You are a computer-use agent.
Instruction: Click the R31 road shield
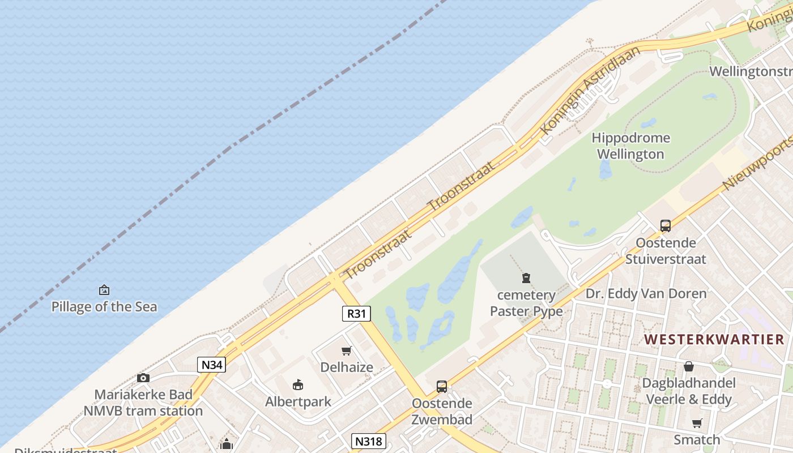[356, 313]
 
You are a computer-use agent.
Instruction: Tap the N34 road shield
[212, 365]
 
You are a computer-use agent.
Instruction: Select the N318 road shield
[368, 441]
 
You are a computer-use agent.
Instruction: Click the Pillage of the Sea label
[104, 307]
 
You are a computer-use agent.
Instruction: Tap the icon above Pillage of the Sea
[104, 290]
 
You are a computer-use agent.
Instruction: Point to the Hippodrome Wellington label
[630, 146]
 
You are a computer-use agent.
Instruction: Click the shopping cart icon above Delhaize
[347, 351]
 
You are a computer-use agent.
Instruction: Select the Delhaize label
[347, 367]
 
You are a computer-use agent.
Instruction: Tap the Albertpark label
[299, 401]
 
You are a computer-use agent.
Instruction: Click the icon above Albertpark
[298, 385]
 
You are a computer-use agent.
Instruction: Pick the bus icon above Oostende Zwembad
[442, 387]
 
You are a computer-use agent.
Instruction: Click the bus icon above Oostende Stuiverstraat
[666, 226]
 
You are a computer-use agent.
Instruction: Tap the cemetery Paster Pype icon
[526, 278]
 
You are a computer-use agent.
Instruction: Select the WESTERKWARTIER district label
[714, 339]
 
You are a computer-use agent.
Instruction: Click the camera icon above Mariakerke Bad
[143, 378]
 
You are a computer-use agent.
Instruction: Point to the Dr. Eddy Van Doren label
[646, 293]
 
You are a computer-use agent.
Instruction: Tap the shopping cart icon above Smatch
[697, 423]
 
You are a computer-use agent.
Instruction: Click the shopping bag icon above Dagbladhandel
[689, 366]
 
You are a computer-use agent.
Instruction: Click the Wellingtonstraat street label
[751, 72]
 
